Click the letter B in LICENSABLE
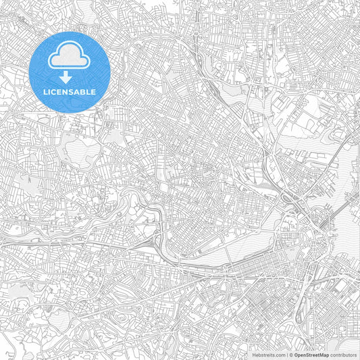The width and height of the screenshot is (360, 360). click(84, 92)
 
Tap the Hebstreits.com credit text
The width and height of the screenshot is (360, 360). click(267, 354)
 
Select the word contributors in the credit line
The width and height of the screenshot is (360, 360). click(342, 354)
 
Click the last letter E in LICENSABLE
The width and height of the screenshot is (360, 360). click(94, 92)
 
